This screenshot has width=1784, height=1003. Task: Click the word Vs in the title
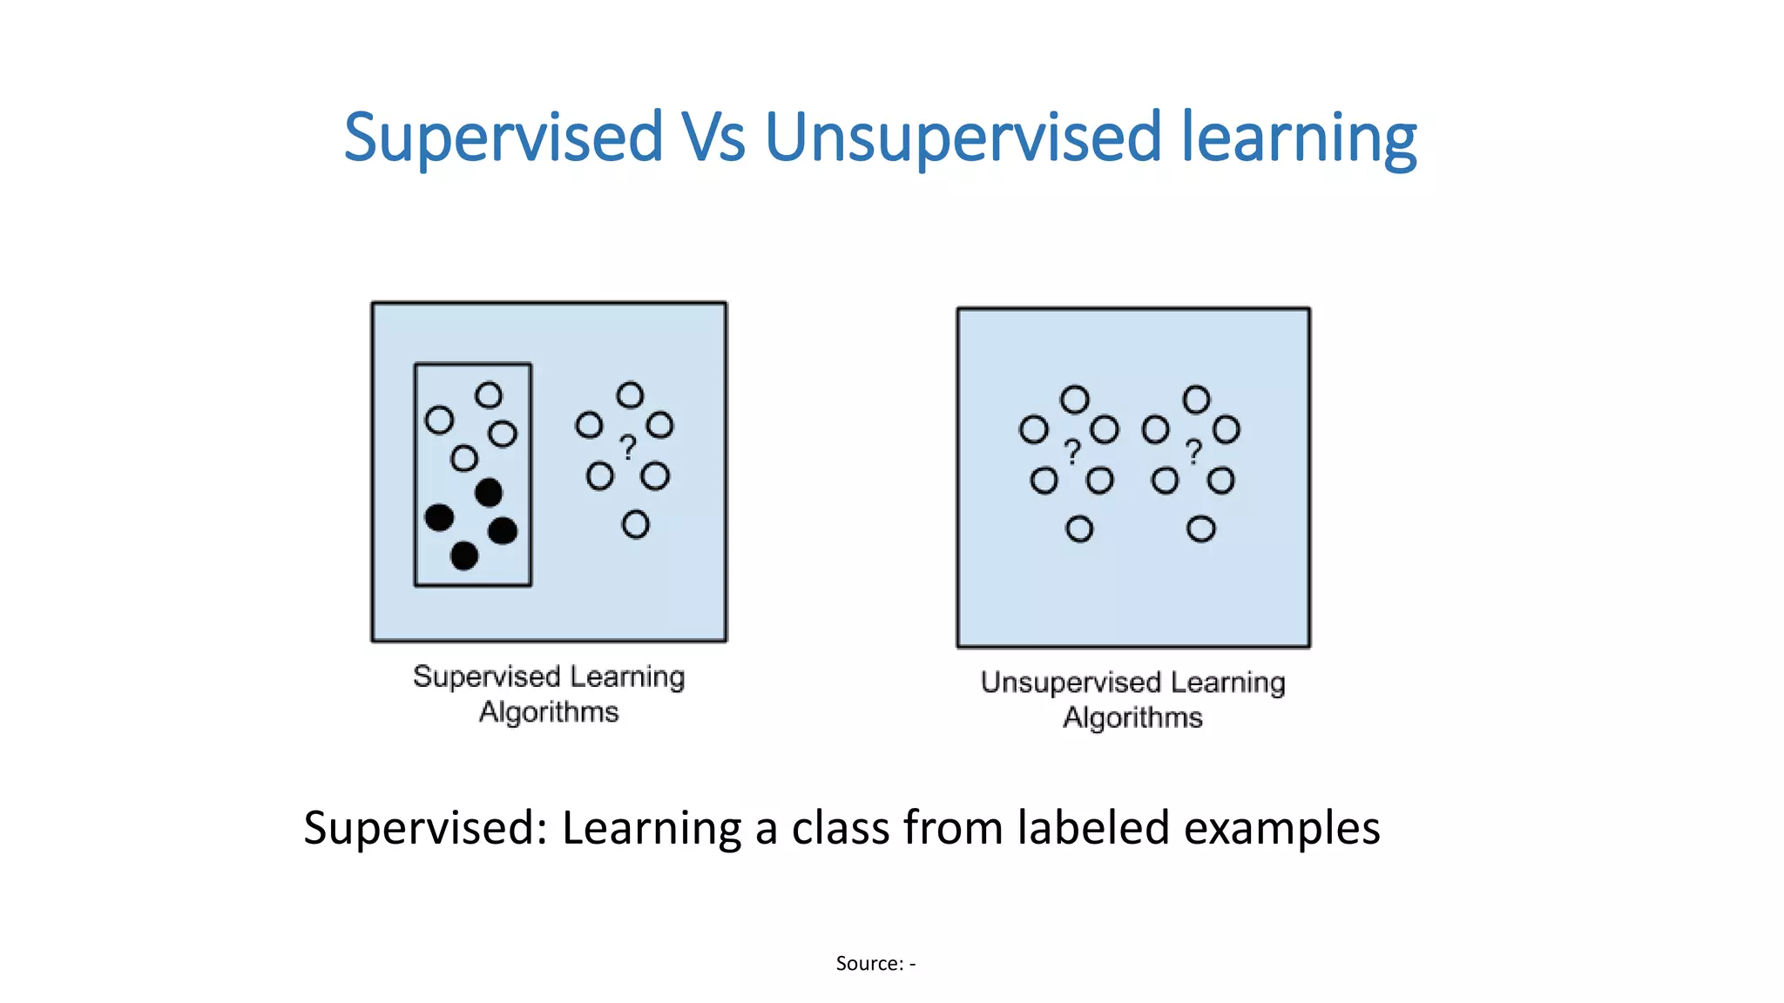pyautogui.click(x=713, y=138)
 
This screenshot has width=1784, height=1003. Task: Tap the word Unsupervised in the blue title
pyautogui.click(x=963, y=138)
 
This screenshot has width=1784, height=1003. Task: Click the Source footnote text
pyautogui.click(x=875, y=963)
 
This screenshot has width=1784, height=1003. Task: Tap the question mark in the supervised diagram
pyautogui.click(x=627, y=448)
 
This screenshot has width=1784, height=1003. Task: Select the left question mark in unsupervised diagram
pyautogui.click(x=1072, y=452)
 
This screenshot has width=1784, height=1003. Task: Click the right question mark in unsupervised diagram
pyautogui.click(x=1193, y=452)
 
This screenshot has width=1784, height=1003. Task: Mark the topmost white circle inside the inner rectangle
pyautogui.click(x=489, y=395)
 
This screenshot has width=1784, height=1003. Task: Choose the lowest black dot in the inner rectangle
pyautogui.click(x=464, y=555)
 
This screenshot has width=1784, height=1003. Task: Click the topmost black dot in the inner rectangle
pyautogui.click(x=489, y=493)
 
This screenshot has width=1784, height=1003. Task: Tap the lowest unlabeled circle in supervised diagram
pyautogui.click(x=635, y=525)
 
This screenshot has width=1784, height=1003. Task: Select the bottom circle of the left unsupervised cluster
pyautogui.click(x=1079, y=528)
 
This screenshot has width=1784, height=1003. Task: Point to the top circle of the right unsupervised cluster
pyautogui.click(x=1196, y=400)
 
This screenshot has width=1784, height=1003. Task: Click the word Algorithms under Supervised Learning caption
pyautogui.click(x=549, y=712)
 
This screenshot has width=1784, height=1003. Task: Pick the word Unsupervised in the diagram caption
pyautogui.click(x=1071, y=683)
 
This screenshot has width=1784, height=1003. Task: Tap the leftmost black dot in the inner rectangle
pyautogui.click(x=439, y=517)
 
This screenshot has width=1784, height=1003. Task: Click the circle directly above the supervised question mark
pyautogui.click(x=630, y=395)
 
